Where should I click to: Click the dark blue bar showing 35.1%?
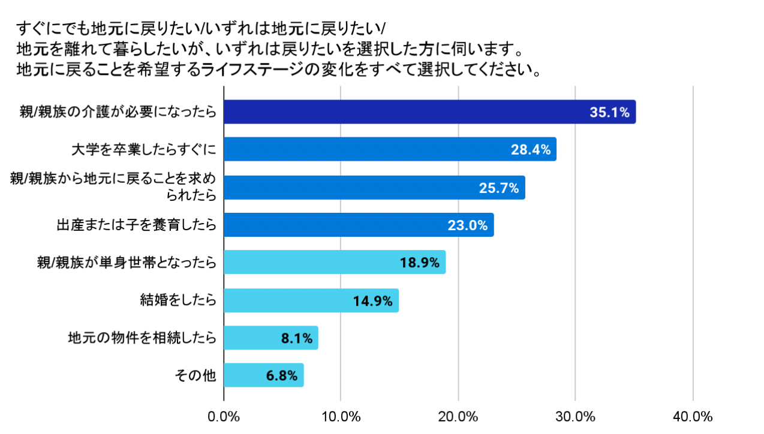429,112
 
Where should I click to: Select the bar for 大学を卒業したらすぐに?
390,150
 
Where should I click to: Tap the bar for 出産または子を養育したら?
359,225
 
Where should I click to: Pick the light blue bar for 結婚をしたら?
311,300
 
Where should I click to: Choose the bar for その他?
263,376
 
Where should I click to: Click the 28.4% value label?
531,150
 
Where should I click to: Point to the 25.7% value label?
499,188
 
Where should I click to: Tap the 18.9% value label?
420,263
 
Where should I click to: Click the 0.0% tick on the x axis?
224,416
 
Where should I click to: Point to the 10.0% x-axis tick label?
341,416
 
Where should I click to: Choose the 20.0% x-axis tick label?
458,416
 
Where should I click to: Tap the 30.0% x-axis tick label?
576,416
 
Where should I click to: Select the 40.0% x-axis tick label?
693,416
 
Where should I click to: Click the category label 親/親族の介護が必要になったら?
118,113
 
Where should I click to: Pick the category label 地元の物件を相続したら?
142,338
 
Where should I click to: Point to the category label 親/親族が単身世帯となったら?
127,263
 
